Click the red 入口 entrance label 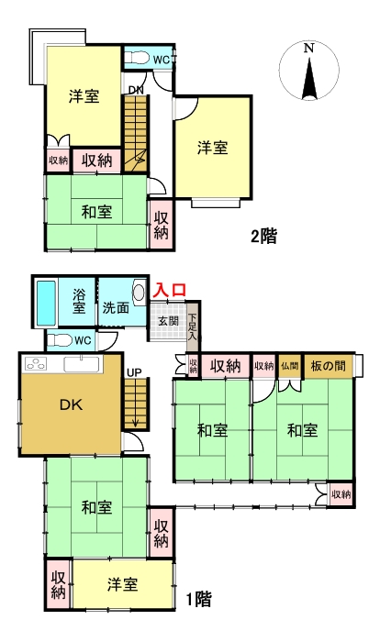170,290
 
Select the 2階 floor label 263,235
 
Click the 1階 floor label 198,600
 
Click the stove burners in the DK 39,363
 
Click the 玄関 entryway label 168,320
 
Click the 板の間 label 328,365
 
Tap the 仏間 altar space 290,365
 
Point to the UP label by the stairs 135,373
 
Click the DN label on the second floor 135,89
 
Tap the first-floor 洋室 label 121,584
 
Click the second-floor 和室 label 96,212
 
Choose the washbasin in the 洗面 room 139,293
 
